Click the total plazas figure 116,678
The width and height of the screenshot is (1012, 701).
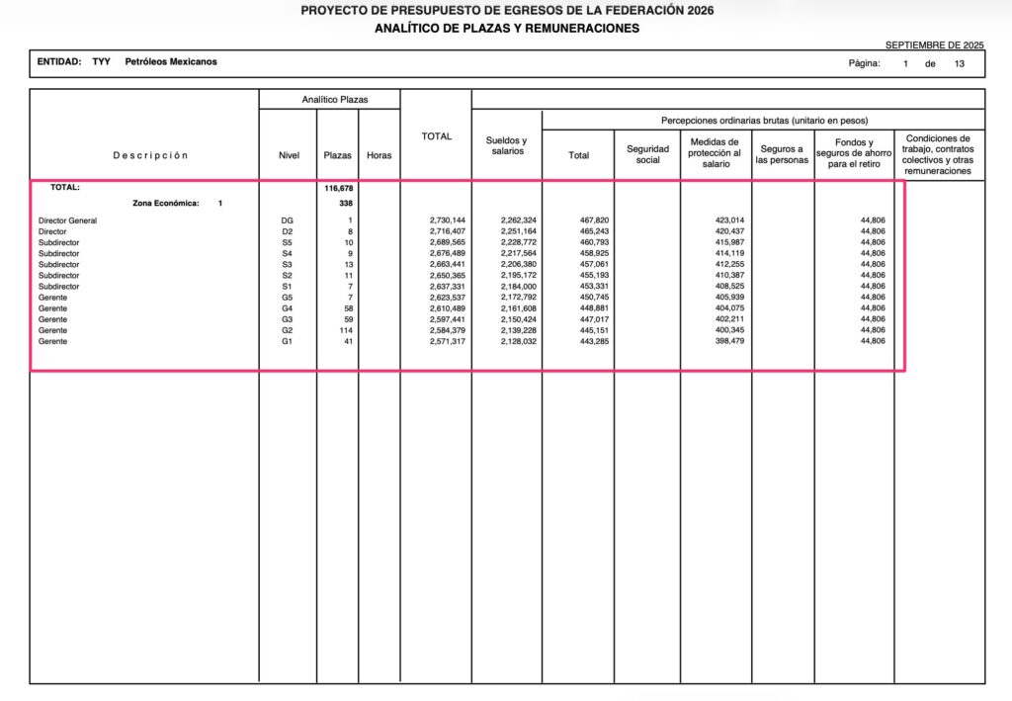[338, 187]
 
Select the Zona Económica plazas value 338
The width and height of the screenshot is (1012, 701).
[346, 204]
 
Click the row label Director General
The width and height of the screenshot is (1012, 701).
[67, 220]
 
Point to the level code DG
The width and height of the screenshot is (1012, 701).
[288, 220]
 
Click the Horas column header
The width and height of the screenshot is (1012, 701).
[379, 155]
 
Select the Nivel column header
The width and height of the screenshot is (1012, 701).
[289, 155]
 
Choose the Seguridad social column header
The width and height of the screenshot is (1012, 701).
[647, 154]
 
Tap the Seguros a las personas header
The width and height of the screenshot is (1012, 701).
[782, 154]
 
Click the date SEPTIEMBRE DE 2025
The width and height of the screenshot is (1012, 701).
[935, 45]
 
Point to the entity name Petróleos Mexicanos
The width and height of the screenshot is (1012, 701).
[171, 61]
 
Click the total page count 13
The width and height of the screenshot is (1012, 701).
[959, 63]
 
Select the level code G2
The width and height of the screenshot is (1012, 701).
[288, 330]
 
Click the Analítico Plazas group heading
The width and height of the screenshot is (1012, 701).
[330, 100]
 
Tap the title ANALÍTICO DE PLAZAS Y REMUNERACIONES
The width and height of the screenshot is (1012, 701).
[506, 28]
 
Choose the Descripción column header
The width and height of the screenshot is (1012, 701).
[149, 155]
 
